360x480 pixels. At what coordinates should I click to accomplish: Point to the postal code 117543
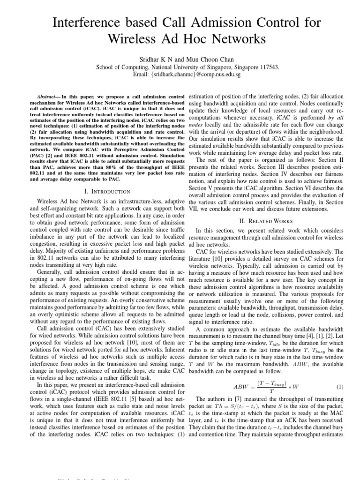269,67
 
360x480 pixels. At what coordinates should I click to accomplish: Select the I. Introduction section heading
106,191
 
